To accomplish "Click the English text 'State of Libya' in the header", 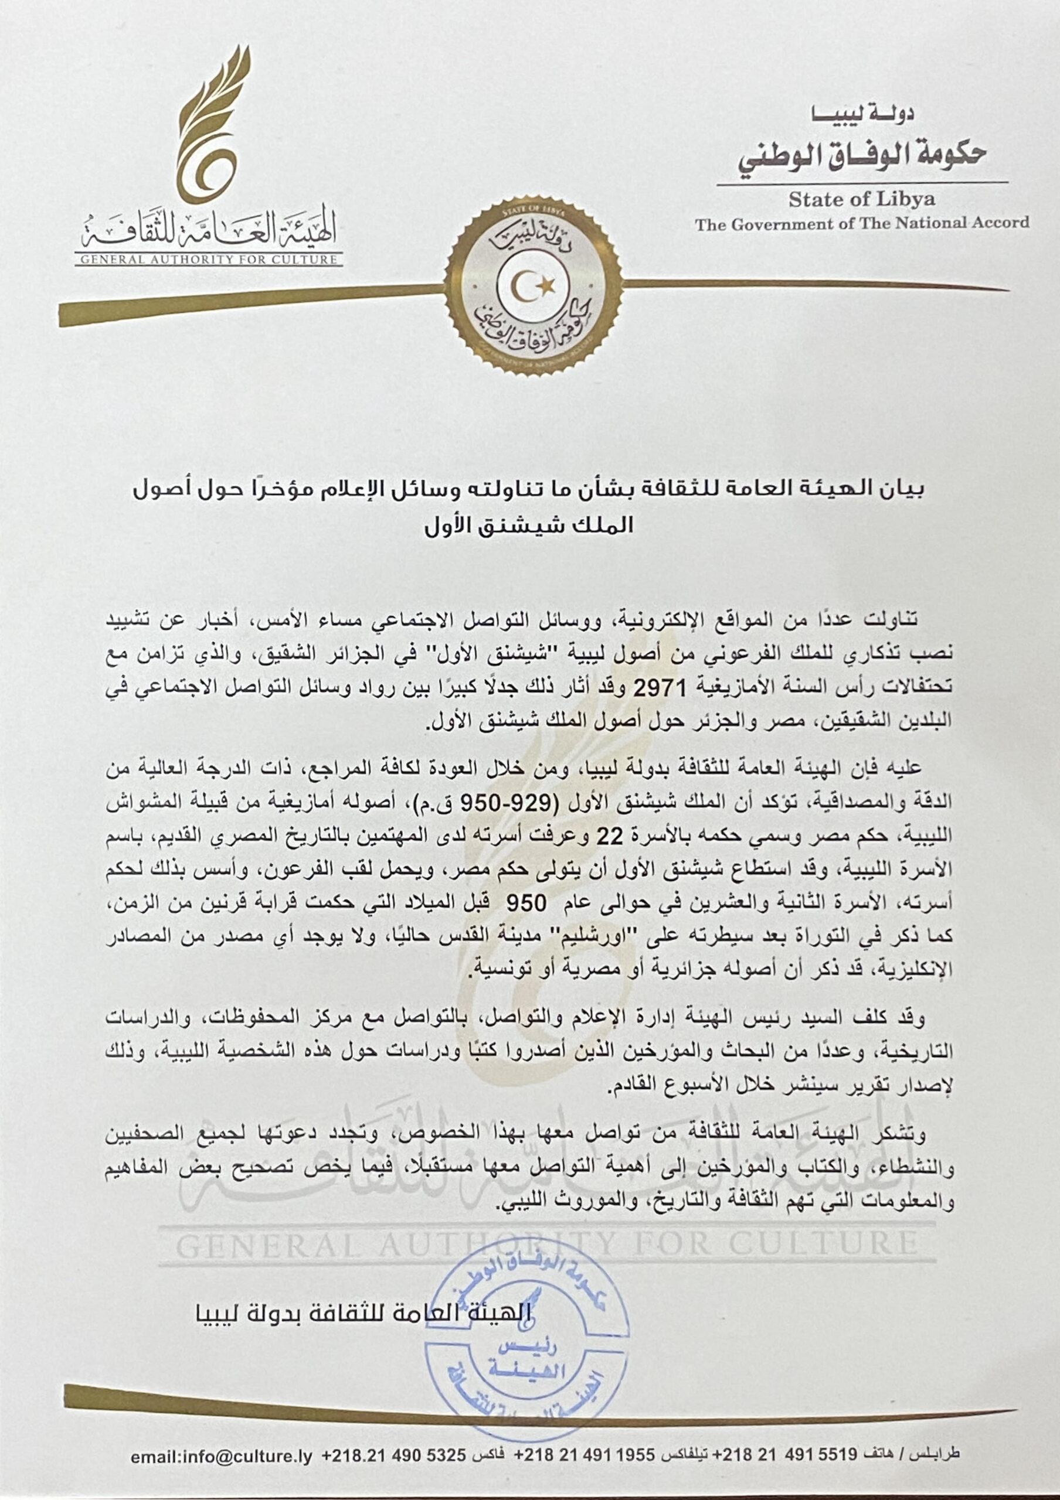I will click(x=861, y=199).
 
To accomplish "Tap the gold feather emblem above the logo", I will click(x=210, y=124).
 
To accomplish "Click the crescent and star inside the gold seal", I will click(x=531, y=285).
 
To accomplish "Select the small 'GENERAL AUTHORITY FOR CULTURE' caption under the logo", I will click(x=209, y=260).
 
